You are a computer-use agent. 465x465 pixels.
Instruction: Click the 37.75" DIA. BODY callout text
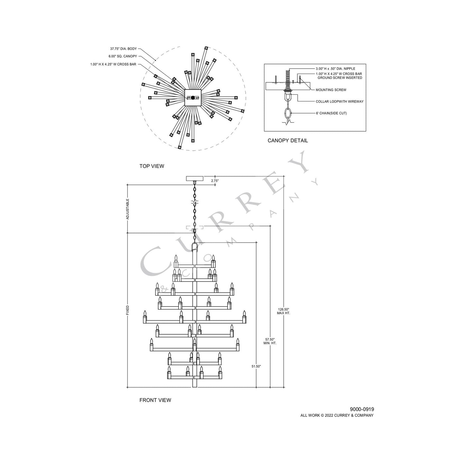[123, 49]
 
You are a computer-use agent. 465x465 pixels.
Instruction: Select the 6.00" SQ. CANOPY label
[123, 56]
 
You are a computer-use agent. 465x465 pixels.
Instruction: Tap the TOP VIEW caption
[152, 166]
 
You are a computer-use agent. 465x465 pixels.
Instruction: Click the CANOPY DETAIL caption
[288, 140]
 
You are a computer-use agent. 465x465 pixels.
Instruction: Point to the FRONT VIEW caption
[155, 400]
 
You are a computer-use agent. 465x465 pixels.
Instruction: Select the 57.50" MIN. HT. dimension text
[270, 341]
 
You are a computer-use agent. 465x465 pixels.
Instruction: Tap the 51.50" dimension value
[256, 366]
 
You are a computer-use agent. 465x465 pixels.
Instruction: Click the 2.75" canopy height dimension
[215, 181]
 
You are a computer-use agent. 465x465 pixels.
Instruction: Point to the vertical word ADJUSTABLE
[127, 209]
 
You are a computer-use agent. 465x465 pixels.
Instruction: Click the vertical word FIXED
[127, 310]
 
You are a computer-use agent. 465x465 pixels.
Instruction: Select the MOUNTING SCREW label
[331, 90]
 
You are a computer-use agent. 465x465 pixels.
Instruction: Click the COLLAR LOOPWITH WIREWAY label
[339, 101]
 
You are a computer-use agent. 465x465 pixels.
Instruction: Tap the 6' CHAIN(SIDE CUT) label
[331, 113]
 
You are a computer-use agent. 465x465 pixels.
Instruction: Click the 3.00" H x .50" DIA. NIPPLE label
[335, 69]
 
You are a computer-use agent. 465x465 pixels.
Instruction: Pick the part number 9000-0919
[362, 409]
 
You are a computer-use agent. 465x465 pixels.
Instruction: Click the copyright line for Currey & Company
[337, 415]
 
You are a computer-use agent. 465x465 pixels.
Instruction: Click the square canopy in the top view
[193, 98]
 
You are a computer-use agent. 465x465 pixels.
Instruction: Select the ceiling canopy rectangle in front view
[195, 178]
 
